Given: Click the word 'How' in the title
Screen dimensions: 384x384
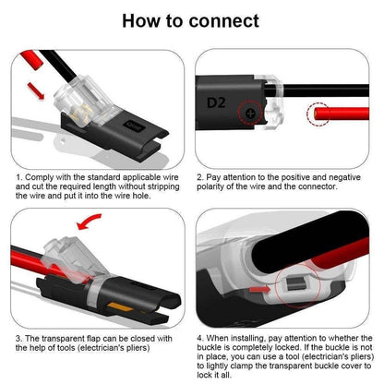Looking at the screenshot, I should [x=148, y=20].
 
